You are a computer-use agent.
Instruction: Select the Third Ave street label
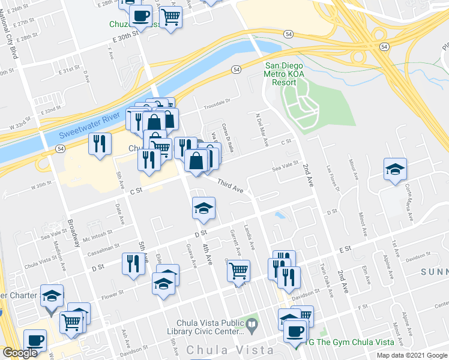click(x=230, y=187)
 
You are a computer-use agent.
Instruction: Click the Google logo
click(x=20, y=353)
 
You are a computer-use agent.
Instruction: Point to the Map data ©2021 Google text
click(x=411, y=355)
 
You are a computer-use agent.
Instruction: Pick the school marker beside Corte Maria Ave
click(x=396, y=170)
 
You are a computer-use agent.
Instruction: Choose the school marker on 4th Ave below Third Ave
click(x=203, y=208)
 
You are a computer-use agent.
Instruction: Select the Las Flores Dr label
click(x=333, y=178)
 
